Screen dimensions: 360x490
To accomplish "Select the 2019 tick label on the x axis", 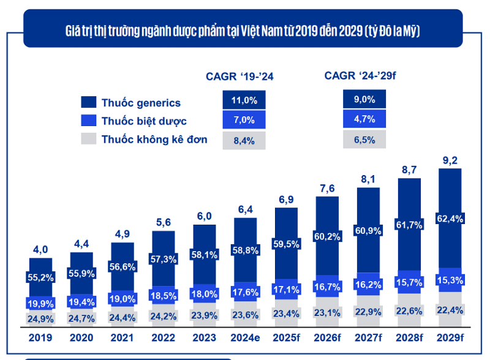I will (x=40, y=337).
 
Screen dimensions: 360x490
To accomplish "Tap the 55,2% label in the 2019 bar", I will (x=40, y=277).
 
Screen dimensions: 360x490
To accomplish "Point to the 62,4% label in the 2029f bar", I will (x=450, y=217).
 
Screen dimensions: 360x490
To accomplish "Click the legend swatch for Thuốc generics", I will (x=88, y=103).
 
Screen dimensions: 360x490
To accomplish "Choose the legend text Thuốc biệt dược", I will (x=144, y=121).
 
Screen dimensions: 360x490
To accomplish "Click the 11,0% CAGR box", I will (x=244, y=100).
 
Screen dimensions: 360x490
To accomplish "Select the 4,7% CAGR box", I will (x=364, y=119).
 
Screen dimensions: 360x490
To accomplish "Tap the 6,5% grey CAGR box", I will (x=364, y=140).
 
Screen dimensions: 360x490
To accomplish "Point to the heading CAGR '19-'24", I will (x=241, y=76).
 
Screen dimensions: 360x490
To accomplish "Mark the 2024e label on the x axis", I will (x=245, y=337).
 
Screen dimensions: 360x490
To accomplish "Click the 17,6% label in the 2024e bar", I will (x=245, y=292).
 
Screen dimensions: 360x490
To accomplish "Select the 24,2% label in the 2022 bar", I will (x=163, y=318).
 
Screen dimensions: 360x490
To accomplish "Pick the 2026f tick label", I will (x=327, y=337).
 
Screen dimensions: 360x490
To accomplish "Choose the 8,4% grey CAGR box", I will (x=244, y=140).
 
